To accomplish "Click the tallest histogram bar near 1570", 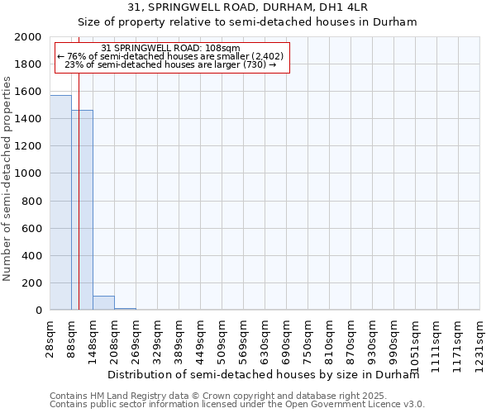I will pyautogui.click(x=60, y=202).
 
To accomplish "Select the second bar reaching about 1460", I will pyautogui.click(x=82, y=210).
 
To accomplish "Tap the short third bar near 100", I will pyautogui.click(x=103, y=302).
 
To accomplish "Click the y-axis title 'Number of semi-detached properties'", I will pyautogui.click(x=7, y=178).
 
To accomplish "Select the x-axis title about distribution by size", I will pyautogui.click(x=264, y=374).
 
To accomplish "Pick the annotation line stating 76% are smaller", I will pyautogui.click(x=170, y=56).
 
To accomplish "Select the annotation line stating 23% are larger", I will pyautogui.click(x=170, y=64).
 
